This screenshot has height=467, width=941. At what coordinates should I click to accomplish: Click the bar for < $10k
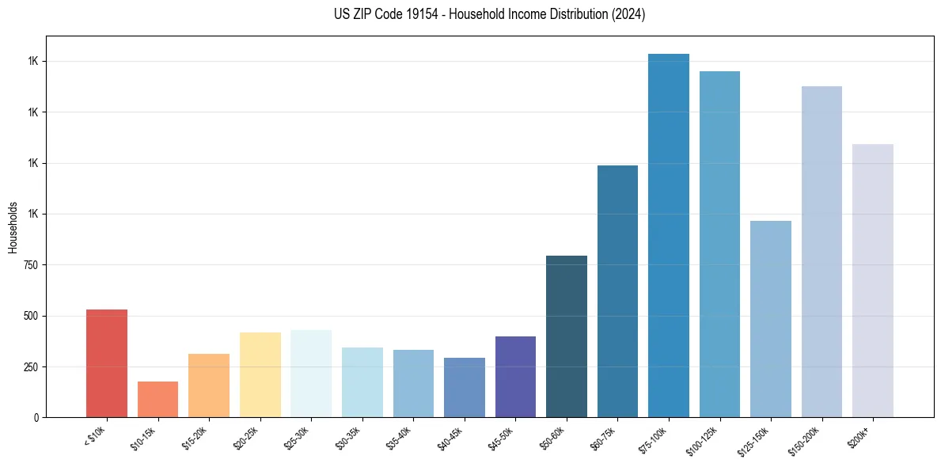(x=107, y=363)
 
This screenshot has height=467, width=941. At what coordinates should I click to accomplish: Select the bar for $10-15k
(x=157, y=399)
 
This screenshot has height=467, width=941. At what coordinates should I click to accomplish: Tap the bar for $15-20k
(x=209, y=385)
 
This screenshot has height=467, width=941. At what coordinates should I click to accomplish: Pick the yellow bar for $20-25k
(x=260, y=374)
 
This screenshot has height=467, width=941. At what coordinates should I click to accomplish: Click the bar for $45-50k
(x=515, y=377)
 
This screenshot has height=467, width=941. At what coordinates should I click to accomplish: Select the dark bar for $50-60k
(x=567, y=336)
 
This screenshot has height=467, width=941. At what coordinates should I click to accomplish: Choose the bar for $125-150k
(x=771, y=319)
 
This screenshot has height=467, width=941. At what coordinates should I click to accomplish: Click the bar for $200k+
(x=873, y=280)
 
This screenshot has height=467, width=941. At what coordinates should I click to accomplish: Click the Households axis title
(x=13, y=226)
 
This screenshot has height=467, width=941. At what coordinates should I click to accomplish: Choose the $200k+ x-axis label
(x=859, y=438)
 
